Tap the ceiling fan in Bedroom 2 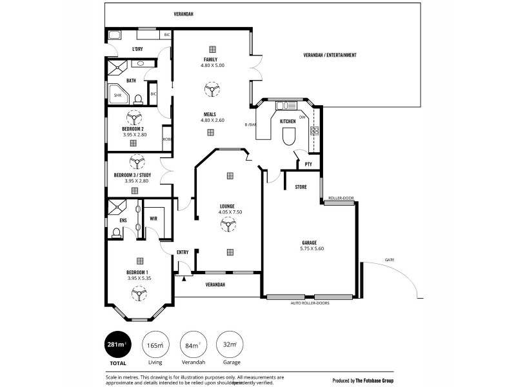point(135,118)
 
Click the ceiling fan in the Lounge point(229,224)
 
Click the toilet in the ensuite point(117,233)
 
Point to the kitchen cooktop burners point(315,131)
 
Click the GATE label point(389,260)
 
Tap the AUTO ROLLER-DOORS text point(310,303)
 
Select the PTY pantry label point(308,164)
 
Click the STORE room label point(301,188)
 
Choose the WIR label point(154,219)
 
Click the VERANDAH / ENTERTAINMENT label point(330,55)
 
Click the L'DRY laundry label point(137,50)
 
